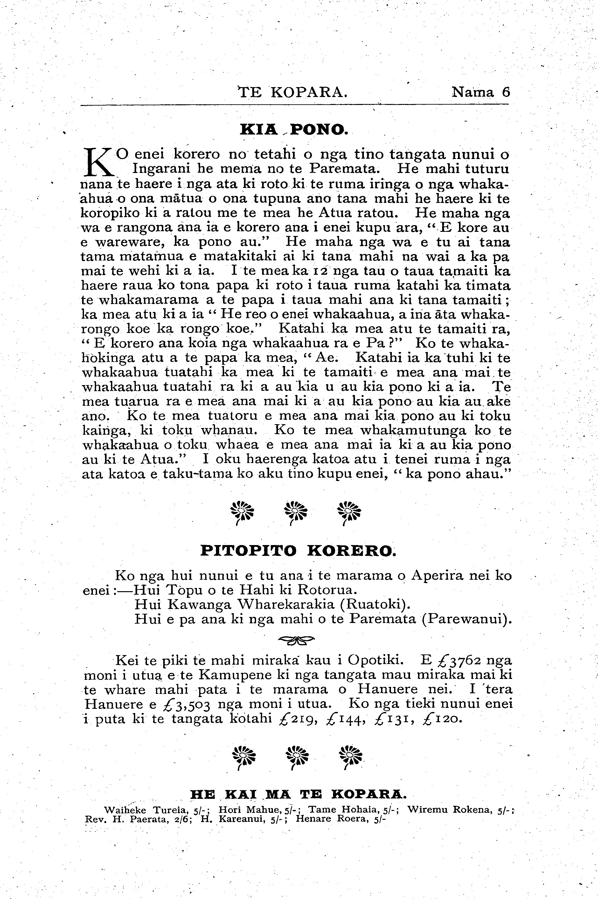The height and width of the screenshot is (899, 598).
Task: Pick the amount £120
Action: pos(441,719)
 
